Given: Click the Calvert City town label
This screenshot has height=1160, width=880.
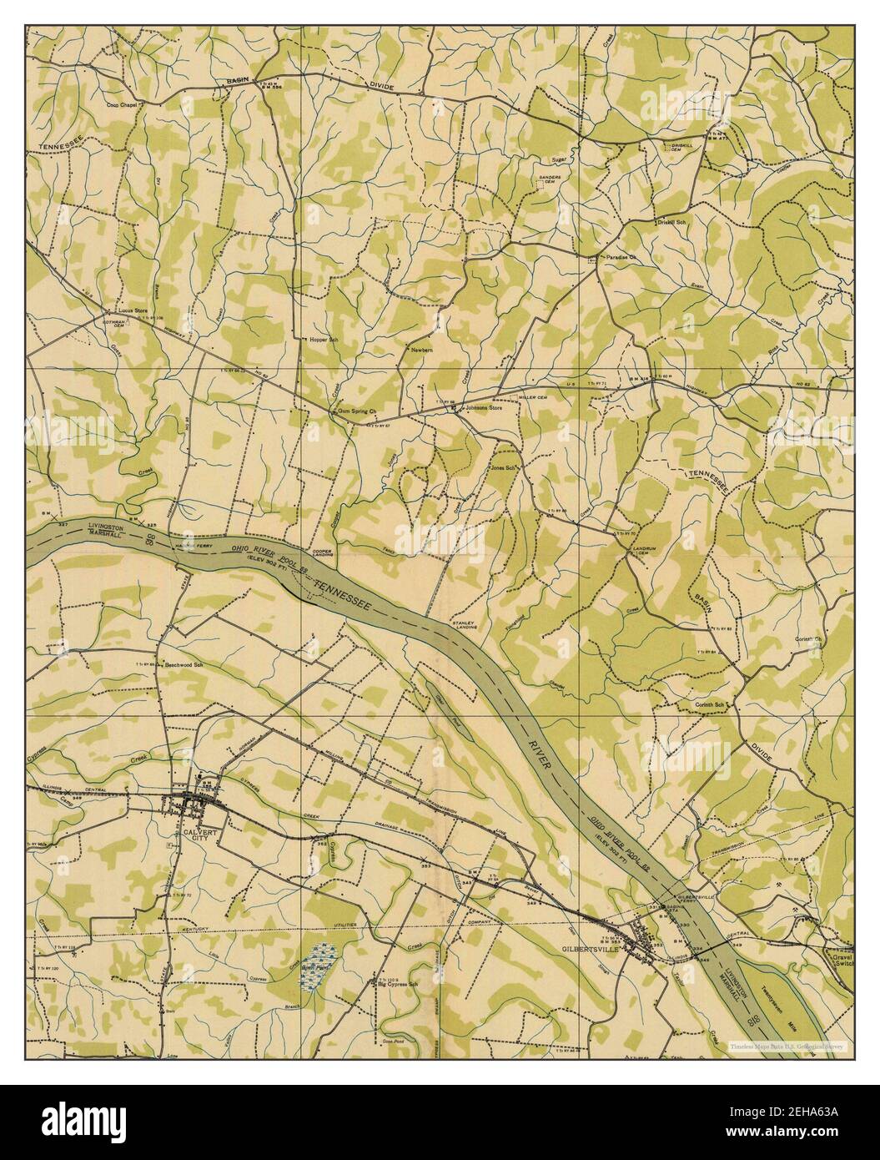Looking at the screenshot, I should click(x=190, y=837).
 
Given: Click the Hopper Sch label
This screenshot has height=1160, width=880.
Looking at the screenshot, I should click(x=323, y=340).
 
